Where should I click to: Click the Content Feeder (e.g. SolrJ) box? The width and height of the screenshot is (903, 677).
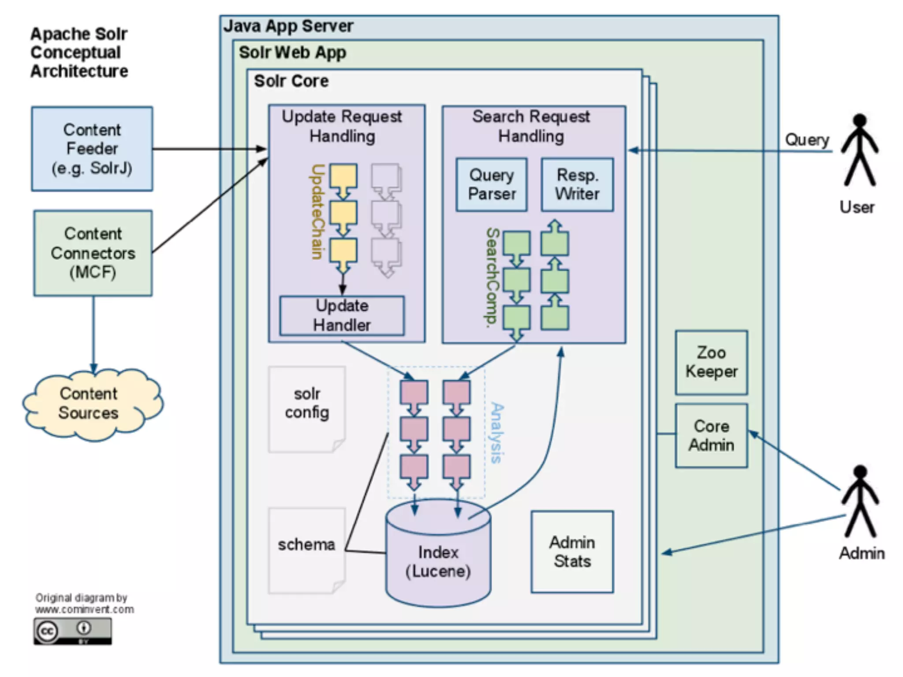tap(92, 149)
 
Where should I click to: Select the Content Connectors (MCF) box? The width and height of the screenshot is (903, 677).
tap(93, 253)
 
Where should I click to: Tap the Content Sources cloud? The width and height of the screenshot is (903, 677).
tap(90, 404)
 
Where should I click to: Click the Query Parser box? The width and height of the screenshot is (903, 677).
tap(492, 185)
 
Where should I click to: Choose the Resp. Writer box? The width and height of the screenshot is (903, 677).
tap(577, 185)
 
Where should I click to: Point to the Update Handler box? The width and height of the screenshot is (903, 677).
tap(342, 316)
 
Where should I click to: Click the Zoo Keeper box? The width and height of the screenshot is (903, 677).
tap(711, 362)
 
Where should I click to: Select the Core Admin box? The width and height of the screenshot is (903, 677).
tap(711, 435)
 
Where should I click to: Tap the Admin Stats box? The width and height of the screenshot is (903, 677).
tap(572, 552)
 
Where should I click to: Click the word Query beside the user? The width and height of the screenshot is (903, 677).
tap(807, 140)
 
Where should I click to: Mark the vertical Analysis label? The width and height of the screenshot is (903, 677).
tap(497, 433)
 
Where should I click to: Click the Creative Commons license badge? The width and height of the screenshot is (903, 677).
tap(73, 631)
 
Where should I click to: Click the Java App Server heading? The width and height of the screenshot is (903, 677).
tap(288, 26)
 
